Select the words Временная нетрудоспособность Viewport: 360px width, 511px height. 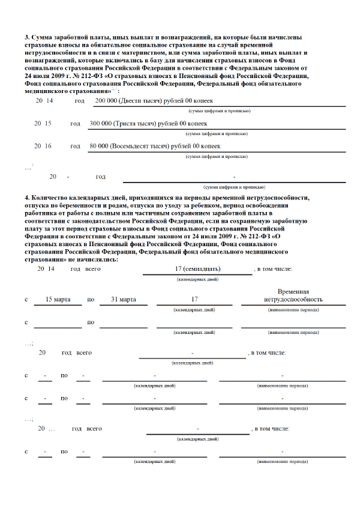[x=293, y=295]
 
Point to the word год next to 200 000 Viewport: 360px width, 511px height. [x=79, y=100]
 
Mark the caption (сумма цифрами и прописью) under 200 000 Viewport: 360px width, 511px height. [x=220, y=111]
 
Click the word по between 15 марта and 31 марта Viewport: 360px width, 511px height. [x=91, y=299]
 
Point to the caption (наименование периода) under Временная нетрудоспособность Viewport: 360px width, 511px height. [x=293, y=309]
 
